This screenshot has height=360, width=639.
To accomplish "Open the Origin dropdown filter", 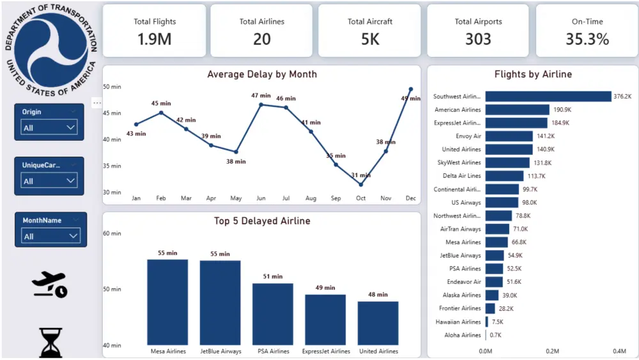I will [x=49, y=128].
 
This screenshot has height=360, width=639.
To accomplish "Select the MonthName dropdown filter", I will [x=49, y=236].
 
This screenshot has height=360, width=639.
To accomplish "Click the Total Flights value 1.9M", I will [x=155, y=39].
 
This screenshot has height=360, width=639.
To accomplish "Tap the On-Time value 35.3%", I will [x=587, y=39].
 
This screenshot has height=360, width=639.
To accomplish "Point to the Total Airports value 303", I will [x=478, y=39].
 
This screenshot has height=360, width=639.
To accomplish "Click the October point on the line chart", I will [x=361, y=185].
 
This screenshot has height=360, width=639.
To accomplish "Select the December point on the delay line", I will [x=411, y=90].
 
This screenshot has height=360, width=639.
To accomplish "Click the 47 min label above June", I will [x=261, y=96].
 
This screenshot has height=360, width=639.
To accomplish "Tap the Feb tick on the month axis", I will [x=161, y=199].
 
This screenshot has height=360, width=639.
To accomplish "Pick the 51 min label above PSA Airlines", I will [x=273, y=277].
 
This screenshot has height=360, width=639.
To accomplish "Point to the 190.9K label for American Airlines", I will [x=562, y=110].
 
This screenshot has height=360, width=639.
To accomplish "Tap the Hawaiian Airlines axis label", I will [x=458, y=322].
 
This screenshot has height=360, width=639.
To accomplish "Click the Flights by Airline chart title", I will [x=533, y=74].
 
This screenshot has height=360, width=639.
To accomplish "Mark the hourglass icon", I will [x=50, y=343].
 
